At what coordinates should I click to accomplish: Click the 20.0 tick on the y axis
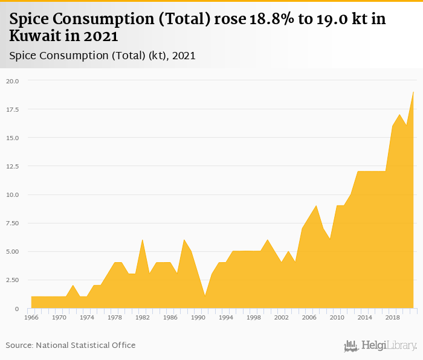[x=13, y=81]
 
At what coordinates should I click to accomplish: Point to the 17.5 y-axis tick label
[x=13, y=109]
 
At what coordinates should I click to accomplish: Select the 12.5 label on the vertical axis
[x=13, y=166]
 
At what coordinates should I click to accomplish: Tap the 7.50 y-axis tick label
[x=13, y=223]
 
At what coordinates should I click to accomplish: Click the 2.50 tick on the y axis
[x=13, y=280]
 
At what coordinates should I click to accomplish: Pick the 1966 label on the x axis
[x=31, y=317]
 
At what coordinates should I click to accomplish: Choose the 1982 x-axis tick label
[x=143, y=317]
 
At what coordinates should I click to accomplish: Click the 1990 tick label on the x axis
[x=198, y=317]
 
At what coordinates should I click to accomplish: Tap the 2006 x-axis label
[x=309, y=317]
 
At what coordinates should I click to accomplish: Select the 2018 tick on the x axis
[x=393, y=317]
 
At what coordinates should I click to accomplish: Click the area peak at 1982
[x=143, y=240]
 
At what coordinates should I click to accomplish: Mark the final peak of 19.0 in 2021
[x=413, y=92]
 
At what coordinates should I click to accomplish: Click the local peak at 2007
[x=316, y=206]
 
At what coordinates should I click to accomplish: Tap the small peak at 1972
[x=73, y=286]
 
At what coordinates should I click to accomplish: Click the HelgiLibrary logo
[x=381, y=346]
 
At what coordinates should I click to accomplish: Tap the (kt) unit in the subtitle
[x=157, y=56]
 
